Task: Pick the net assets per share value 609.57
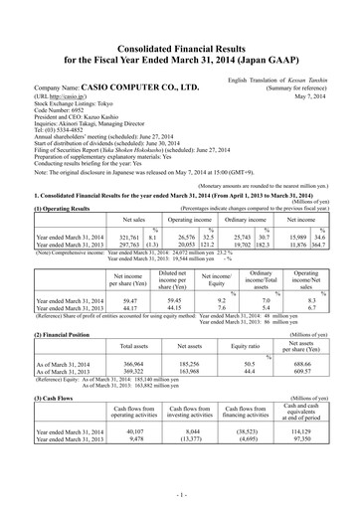pos(319,375)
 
